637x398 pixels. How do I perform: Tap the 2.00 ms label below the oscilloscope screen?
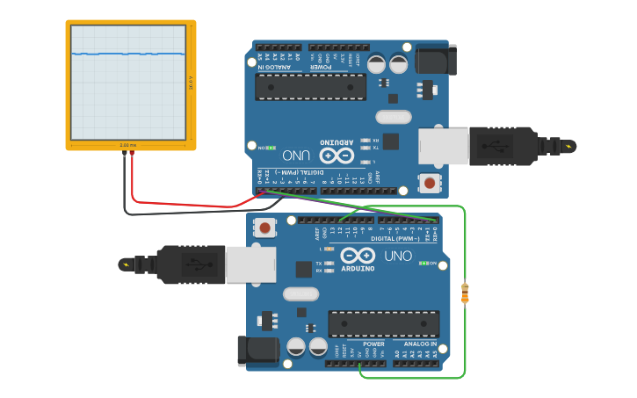point(128,144)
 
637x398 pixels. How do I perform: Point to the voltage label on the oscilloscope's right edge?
point(191,83)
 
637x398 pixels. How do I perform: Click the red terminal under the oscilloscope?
point(132,154)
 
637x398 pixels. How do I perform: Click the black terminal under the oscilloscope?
point(124,154)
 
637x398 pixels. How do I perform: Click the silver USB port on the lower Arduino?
point(251,264)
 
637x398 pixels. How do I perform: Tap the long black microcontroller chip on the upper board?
point(310,86)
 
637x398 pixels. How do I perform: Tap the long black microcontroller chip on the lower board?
point(384,323)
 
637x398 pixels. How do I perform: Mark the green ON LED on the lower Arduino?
point(424,263)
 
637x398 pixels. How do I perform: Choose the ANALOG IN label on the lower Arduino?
point(421,344)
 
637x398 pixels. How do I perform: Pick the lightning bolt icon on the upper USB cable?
point(569,146)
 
